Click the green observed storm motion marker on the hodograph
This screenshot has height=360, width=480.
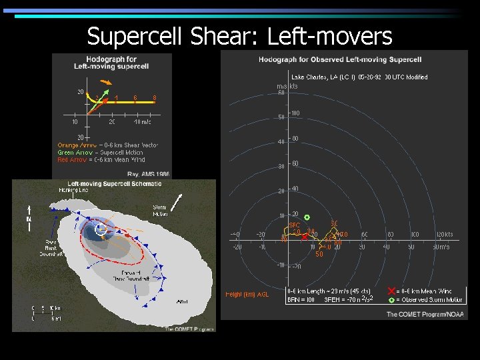click(x=307, y=217)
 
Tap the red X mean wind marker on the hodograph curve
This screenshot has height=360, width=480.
click(x=305, y=237)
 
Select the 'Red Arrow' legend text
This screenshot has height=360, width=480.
click(x=72, y=159)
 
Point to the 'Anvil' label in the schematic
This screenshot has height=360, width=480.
click(x=182, y=302)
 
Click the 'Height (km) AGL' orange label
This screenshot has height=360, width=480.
click(x=247, y=295)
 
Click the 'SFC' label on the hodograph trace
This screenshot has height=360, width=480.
click(x=294, y=225)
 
